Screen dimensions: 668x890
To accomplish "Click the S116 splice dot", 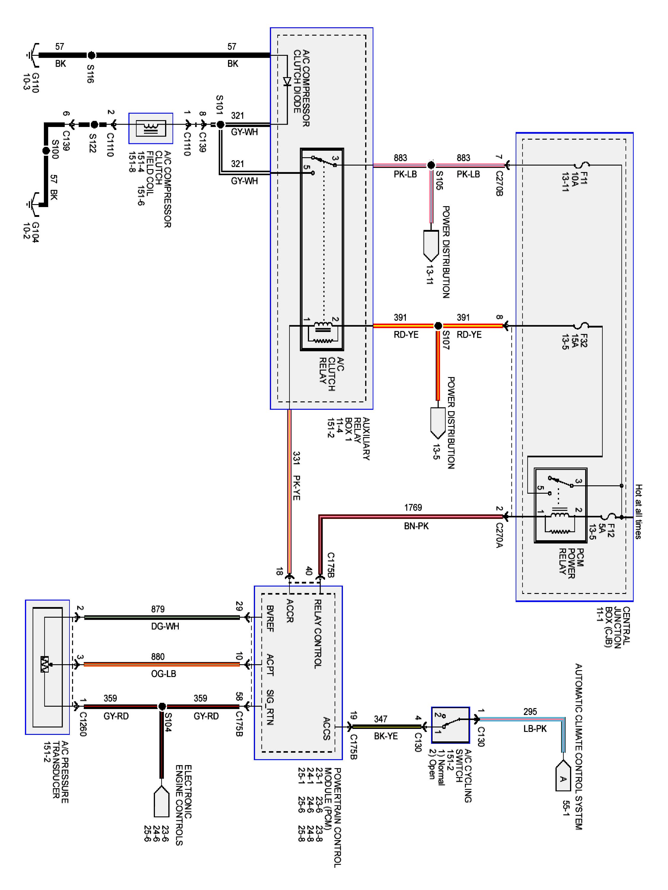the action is tap(92, 55).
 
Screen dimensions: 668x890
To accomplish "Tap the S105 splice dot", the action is tap(431, 165).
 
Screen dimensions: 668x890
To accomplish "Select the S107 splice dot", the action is tap(438, 325).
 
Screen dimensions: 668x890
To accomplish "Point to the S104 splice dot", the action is tap(162, 706).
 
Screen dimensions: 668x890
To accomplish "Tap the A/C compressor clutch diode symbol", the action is tap(287, 82).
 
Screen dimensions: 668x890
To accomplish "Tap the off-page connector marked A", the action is tap(563, 777).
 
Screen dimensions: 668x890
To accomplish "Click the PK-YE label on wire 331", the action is tap(296, 488).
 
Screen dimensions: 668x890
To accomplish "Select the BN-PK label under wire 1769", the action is tap(416, 526).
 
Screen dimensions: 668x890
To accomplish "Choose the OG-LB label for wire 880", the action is tap(164, 673).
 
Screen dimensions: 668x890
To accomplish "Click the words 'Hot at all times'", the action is tap(639, 511).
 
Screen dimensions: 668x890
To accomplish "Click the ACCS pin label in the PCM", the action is tap(327, 728).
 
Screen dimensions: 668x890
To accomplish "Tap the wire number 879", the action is tap(158, 609).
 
